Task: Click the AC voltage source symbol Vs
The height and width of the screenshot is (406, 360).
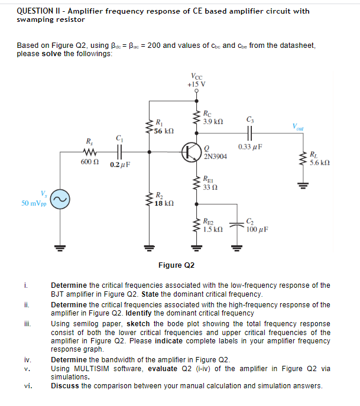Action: point(58,201)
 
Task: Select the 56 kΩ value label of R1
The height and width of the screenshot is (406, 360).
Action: point(163,129)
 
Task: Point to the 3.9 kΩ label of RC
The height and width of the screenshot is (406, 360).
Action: point(212,121)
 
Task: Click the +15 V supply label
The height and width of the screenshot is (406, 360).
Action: point(196,84)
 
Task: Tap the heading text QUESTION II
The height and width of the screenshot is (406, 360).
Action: point(41,11)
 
